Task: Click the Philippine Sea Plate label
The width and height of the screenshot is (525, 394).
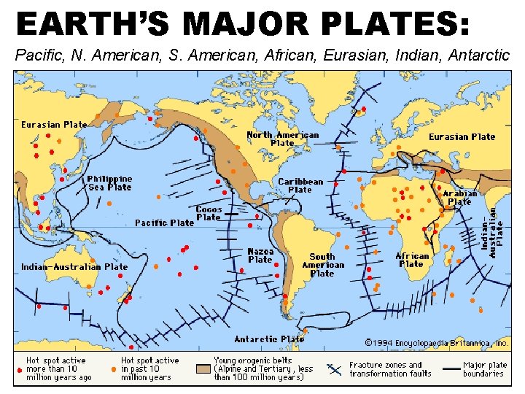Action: (109, 182)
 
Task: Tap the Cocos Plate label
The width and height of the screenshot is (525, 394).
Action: (209, 213)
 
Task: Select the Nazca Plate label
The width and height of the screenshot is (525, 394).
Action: (260, 255)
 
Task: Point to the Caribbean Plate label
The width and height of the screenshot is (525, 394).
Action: (300, 185)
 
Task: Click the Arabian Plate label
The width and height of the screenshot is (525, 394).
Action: (459, 197)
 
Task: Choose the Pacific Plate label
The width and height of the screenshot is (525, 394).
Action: (164, 223)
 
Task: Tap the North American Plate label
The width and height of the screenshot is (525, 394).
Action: (282, 139)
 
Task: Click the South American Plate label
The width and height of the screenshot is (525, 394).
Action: (322, 265)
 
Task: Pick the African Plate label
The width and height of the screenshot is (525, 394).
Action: (412, 260)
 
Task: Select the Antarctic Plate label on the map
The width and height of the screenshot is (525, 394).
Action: (269, 339)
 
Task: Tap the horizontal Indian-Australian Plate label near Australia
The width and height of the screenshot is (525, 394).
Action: (74, 267)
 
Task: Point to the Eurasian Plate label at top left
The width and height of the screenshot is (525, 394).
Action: (54, 125)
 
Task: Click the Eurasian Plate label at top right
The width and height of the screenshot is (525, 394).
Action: (462, 137)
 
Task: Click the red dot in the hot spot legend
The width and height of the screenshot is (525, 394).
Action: (20, 369)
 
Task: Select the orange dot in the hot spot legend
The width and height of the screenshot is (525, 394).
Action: (114, 369)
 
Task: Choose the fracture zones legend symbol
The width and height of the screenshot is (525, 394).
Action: (335, 369)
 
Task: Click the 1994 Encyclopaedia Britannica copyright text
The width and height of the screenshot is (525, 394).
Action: (436, 342)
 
